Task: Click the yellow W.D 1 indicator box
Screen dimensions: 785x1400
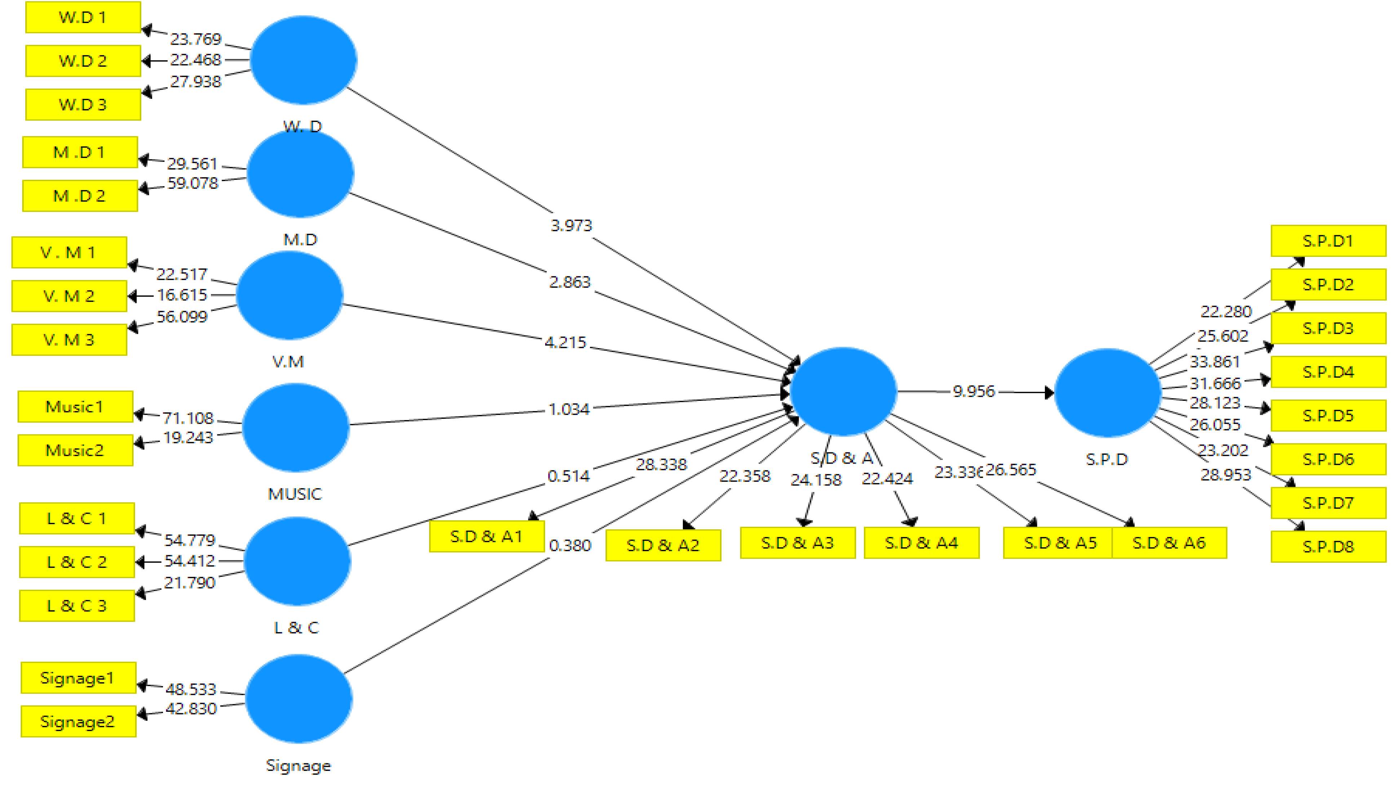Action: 83,17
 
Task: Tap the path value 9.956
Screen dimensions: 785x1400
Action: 973,391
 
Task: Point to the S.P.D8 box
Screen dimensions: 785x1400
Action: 1328,546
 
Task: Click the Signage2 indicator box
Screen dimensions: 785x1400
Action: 78,722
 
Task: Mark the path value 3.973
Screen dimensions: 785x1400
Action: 571,225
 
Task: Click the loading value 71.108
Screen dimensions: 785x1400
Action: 188,418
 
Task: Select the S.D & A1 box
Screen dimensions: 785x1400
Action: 486,536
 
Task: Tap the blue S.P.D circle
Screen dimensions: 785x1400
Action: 1107,392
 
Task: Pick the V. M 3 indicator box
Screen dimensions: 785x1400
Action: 69,340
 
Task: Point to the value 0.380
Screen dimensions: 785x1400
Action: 570,545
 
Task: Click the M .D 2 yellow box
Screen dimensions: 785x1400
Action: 80,196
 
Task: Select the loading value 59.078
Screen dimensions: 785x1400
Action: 193,183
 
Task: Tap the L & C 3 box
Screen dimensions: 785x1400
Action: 77,606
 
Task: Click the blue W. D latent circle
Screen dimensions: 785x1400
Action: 303,60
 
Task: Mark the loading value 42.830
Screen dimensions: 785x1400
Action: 191,709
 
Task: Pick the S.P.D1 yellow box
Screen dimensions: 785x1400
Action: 1328,241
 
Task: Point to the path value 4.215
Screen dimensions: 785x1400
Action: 565,342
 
